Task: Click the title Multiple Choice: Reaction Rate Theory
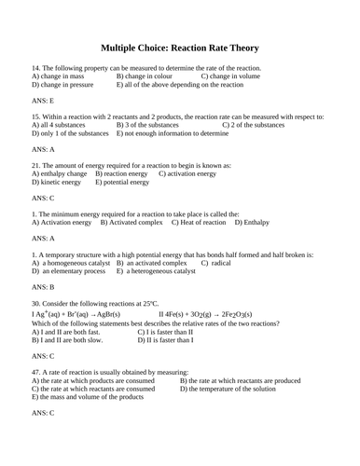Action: pos(179,48)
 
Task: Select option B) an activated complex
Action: pos(152,262)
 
